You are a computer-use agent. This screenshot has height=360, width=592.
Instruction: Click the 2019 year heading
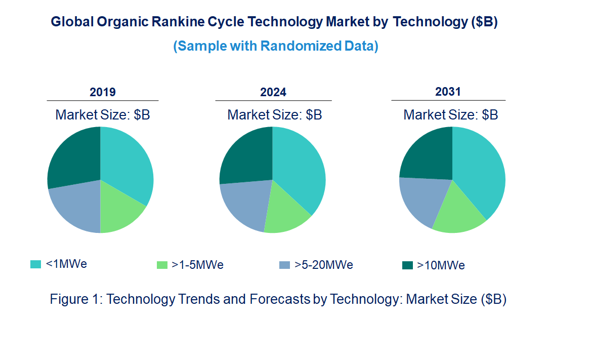103,92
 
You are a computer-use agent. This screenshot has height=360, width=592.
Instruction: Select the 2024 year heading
273,92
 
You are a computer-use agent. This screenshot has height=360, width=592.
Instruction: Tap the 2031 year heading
448,92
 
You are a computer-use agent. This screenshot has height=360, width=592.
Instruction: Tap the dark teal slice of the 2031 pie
426,154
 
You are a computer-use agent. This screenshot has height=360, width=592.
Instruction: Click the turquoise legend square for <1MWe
35,264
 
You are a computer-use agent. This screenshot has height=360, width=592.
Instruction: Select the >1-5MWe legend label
197,265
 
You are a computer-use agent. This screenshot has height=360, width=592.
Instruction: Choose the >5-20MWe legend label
324,265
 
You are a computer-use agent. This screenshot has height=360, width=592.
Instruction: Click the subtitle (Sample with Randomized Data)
276,46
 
